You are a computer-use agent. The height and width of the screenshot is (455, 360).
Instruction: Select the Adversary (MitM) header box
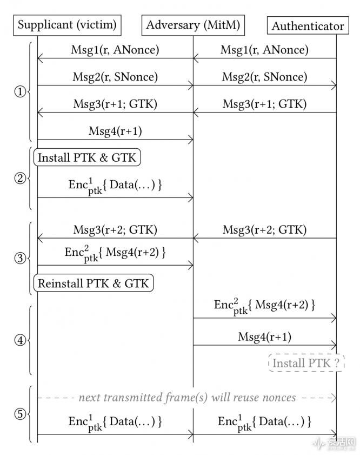(193, 24)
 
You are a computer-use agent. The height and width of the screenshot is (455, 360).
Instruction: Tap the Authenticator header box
(308, 25)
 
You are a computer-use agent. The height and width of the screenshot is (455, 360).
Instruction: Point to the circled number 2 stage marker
(20, 177)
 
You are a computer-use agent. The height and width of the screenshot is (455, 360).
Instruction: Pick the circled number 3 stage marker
(20, 258)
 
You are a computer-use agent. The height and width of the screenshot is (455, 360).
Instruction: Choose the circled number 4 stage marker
(20, 341)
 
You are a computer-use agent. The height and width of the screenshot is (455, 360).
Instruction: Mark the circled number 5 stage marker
(20, 414)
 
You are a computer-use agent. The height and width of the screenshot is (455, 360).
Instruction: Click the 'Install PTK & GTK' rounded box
(86, 157)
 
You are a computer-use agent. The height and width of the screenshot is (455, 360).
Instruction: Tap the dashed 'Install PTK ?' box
(306, 363)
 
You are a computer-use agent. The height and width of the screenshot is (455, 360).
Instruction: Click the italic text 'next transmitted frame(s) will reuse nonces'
(187, 398)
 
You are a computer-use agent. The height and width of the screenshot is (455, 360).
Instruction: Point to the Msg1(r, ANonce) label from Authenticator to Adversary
(264, 50)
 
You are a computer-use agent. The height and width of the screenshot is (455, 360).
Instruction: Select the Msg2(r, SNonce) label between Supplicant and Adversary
(115, 77)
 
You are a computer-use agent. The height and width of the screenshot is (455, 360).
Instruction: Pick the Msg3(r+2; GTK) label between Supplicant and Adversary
(115, 229)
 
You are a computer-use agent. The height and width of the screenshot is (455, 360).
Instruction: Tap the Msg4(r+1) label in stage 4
(264, 337)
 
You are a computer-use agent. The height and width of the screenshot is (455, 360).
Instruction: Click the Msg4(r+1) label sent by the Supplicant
(115, 131)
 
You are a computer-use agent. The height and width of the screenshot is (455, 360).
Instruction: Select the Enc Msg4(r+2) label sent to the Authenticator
(264, 306)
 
